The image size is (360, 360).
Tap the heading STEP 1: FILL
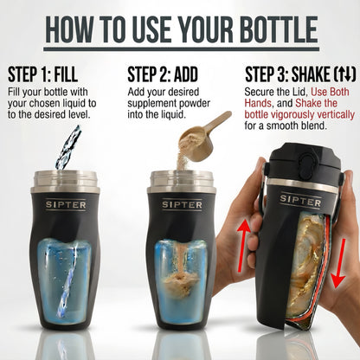click(x=52, y=73)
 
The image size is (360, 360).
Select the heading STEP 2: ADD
click(x=169, y=73)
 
